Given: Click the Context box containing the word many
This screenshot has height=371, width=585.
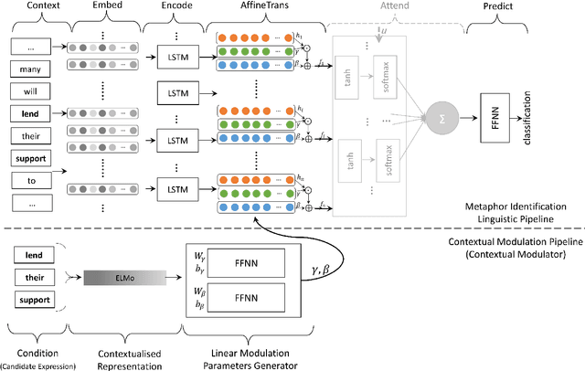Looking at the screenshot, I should [x=30, y=69].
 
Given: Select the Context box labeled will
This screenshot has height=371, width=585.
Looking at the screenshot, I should [x=30, y=91].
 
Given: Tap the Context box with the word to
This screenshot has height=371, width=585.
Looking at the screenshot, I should [x=30, y=181].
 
